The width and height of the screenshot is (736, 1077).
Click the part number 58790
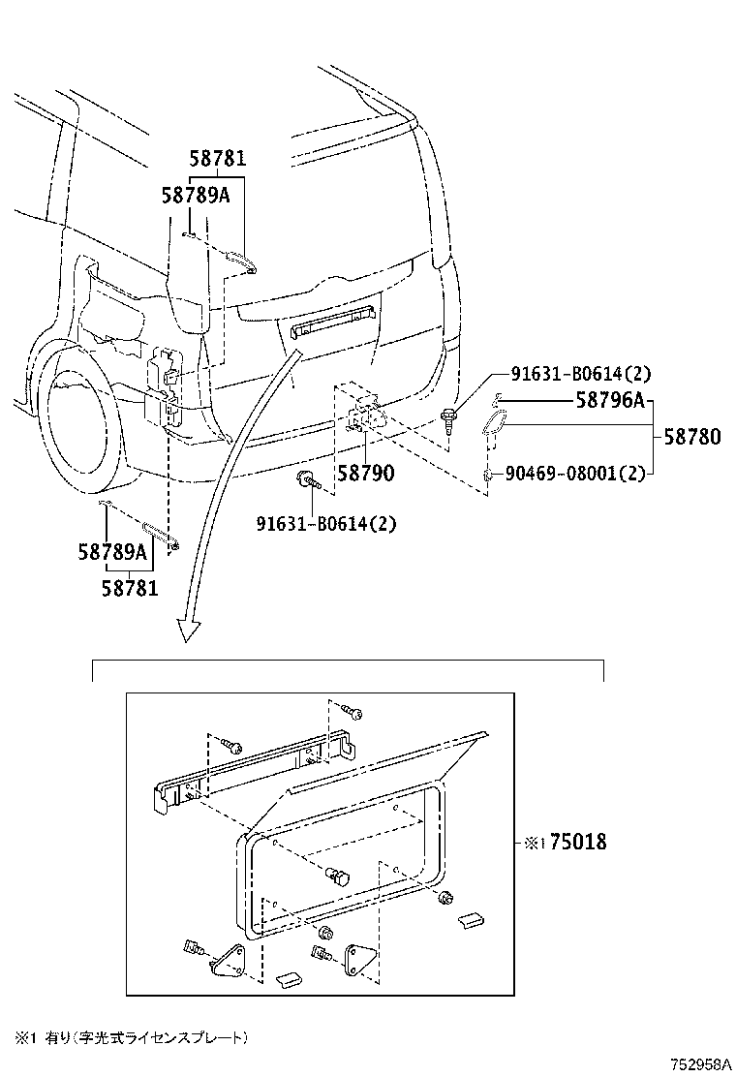pyautogui.click(x=365, y=474)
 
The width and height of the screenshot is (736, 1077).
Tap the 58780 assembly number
pyautogui.click(x=691, y=437)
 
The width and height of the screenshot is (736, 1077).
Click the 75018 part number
pyautogui.click(x=578, y=843)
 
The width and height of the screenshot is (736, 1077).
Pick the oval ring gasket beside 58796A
pyautogui.click(x=495, y=426)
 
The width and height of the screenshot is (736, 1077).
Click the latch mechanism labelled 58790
pyautogui.click(x=363, y=414)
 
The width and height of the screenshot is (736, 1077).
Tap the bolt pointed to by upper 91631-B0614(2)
pyautogui.click(x=449, y=420)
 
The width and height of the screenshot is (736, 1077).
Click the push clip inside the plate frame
pyautogui.click(x=339, y=877)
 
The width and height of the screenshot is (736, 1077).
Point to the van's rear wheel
pyautogui.click(x=82, y=416)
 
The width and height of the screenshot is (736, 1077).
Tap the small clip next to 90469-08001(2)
pyautogui.click(x=489, y=475)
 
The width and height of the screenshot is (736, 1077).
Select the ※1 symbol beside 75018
pyautogui.click(x=535, y=844)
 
